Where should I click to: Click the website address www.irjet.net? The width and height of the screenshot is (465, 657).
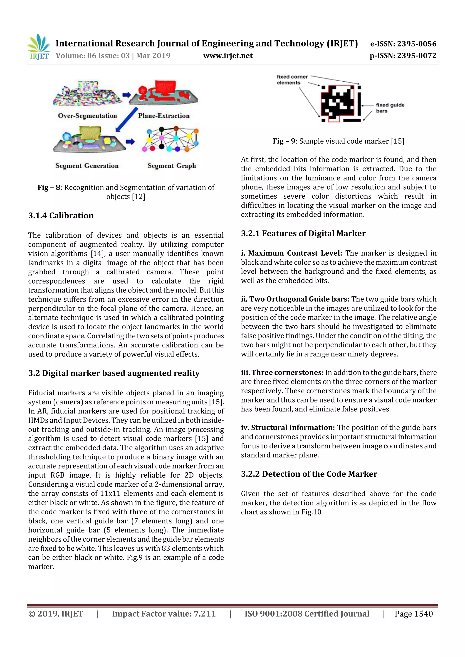point(228,56)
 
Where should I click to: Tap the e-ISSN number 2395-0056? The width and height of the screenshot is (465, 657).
point(416,44)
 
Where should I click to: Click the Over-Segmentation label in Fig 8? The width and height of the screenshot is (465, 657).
point(87,116)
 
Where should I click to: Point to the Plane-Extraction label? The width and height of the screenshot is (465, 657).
point(164,116)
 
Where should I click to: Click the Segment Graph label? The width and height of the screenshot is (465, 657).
point(172,166)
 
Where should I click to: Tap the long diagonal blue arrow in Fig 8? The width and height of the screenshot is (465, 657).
point(127,120)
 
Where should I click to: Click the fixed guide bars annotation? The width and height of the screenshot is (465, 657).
point(390,108)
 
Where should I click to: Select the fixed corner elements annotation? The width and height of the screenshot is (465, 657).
point(292,80)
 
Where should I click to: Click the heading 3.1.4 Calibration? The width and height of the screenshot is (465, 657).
point(61,215)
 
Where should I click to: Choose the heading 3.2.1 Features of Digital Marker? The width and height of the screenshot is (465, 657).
point(303,234)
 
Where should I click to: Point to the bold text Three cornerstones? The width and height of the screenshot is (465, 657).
point(287,373)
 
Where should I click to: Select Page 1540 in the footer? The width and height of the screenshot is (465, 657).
point(413,614)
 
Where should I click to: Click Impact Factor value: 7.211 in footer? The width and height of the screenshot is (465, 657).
point(164,614)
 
